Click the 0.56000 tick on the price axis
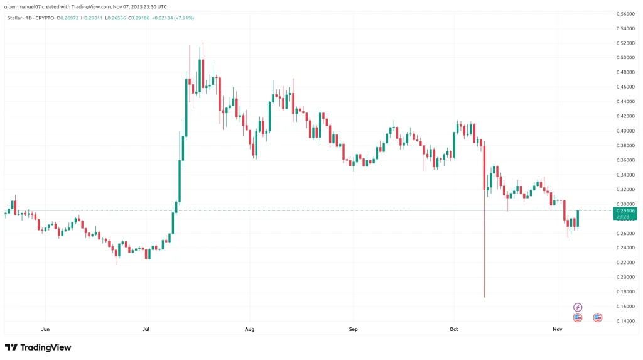(625, 13)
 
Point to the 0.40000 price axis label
(625, 131)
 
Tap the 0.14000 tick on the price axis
(625, 321)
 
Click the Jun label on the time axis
(45, 329)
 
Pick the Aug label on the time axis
(249, 329)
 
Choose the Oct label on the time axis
(454, 329)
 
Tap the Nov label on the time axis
(556, 329)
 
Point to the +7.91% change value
(183, 18)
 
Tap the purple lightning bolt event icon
(578, 307)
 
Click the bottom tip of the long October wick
(485, 297)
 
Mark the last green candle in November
(577, 219)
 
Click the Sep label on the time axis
(353, 329)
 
